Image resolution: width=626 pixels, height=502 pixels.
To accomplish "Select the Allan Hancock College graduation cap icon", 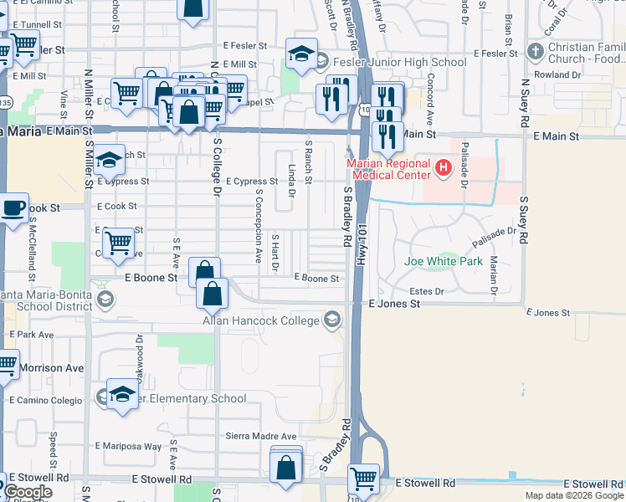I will (x=333, y=320).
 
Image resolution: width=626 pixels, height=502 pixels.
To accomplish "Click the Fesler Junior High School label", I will (x=399, y=62).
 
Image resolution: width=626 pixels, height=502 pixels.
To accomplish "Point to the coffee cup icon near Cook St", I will (x=14, y=208).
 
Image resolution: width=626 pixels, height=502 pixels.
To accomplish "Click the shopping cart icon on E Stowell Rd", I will (x=363, y=479).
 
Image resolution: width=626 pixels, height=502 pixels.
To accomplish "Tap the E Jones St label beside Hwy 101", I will (x=393, y=305).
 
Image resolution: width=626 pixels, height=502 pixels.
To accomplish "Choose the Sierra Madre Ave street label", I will (x=262, y=436).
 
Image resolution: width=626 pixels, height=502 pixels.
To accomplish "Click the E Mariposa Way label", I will (x=129, y=446).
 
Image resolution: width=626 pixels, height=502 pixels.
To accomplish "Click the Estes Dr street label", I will (x=426, y=291).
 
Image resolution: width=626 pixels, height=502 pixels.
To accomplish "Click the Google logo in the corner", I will (x=28, y=492).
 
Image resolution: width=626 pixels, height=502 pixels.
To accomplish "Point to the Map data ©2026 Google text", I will (x=573, y=495).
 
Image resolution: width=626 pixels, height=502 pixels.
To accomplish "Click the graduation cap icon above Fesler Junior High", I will (x=300, y=54).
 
